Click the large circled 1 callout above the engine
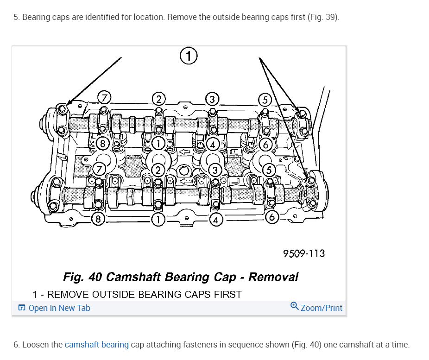tap(189, 56)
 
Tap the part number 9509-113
tap(304, 253)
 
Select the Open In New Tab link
tap(59, 308)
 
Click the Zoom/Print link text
tap(322, 308)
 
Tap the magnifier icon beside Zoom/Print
tap(294, 307)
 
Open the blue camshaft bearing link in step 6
tap(96, 345)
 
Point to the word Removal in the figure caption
tap(273, 277)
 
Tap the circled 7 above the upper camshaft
tap(104, 98)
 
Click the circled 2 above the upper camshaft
tap(158, 99)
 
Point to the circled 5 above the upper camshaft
tap(265, 100)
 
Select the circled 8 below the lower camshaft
tap(98, 219)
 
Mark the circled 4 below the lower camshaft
tap(215, 219)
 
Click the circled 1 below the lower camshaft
tap(158, 219)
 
